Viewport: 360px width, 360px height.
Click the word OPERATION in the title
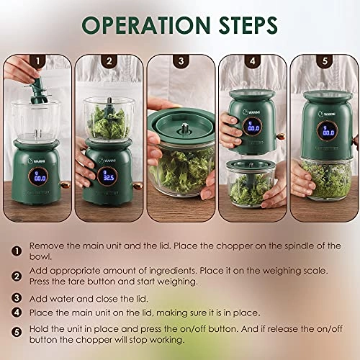(x=146, y=25)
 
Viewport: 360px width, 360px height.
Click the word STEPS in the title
(x=248, y=25)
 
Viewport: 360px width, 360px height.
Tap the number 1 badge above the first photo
(x=37, y=61)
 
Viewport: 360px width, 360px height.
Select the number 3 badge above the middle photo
(x=181, y=61)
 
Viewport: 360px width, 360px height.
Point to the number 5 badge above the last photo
(x=325, y=61)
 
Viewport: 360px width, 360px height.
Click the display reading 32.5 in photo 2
(x=107, y=176)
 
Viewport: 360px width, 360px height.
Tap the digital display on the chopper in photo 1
(x=38, y=176)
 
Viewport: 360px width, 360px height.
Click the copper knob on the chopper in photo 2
(x=138, y=186)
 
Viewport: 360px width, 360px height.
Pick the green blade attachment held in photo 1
(x=37, y=91)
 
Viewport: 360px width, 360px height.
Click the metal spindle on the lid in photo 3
(x=184, y=127)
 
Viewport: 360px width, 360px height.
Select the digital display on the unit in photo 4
(x=253, y=127)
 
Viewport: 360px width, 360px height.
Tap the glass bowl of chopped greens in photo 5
(x=326, y=179)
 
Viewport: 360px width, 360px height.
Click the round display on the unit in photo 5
(x=328, y=131)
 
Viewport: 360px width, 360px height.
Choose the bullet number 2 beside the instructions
(x=17, y=276)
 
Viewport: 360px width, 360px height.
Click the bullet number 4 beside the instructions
(x=17, y=312)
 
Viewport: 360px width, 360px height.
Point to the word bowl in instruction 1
(x=40, y=256)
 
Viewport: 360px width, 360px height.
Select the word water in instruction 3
(x=61, y=299)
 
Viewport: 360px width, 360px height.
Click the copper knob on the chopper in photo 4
(x=280, y=137)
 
